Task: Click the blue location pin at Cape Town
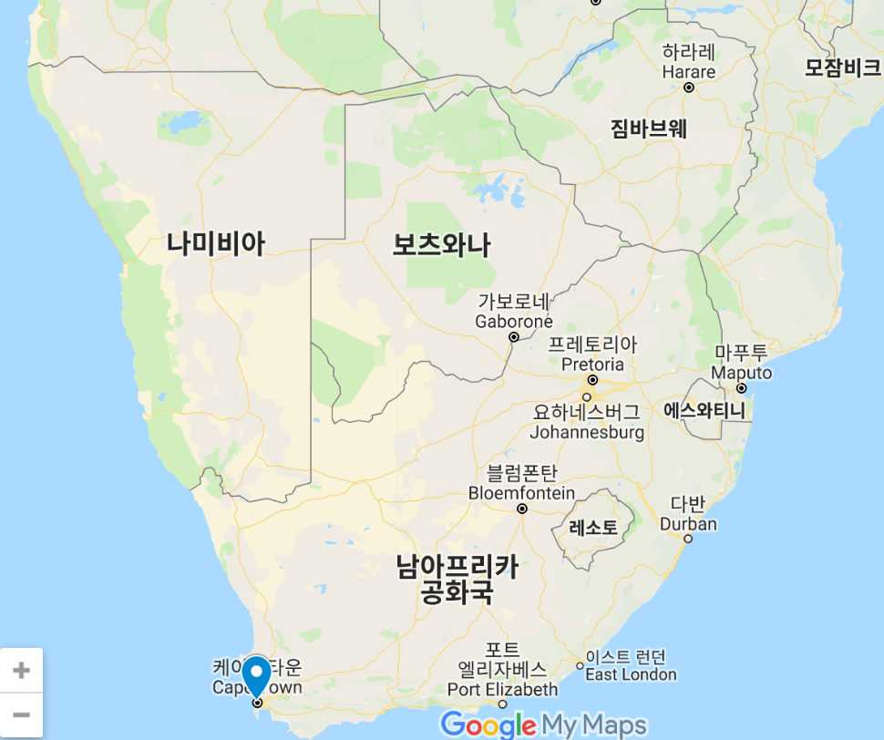pyautogui.click(x=258, y=675)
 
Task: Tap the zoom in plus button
pyautogui.click(x=21, y=671)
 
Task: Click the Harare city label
pyautogui.click(x=689, y=61)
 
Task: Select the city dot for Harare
pyautogui.click(x=689, y=87)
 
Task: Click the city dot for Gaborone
pyautogui.click(x=514, y=336)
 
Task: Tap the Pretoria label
pyautogui.click(x=592, y=355)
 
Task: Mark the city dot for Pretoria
pyautogui.click(x=592, y=379)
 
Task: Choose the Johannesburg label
pyautogui.click(x=587, y=422)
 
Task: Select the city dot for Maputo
pyautogui.click(x=741, y=388)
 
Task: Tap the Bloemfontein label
pyautogui.click(x=521, y=483)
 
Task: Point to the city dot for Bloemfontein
pyautogui.click(x=522, y=509)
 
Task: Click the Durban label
pyautogui.click(x=688, y=514)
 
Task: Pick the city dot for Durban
pyautogui.click(x=688, y=538)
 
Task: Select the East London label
pyautogui.click(x=631, y=666)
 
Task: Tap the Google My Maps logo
pyautogui.click(x=544, y=725)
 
